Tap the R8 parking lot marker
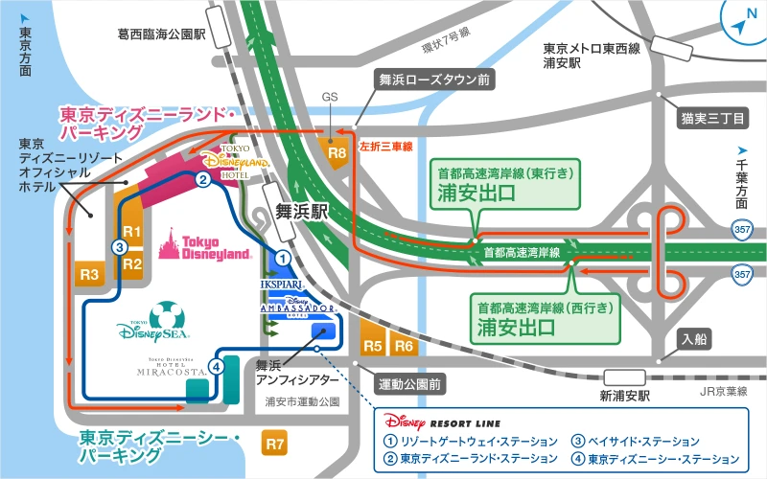pyautogui.click(x=337, y=151)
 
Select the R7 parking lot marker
pyautogui.click(x=275, y=443)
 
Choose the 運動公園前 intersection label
pyautogui.click(x=408, y=384)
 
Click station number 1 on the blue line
pyautogui.click(x=282, y=257)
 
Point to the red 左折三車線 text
pyautogui.click(x=385, y=147)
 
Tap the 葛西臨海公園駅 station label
pyautogui.click(x=162, y=34)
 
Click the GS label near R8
pyautogui.click(x=331, y=98)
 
